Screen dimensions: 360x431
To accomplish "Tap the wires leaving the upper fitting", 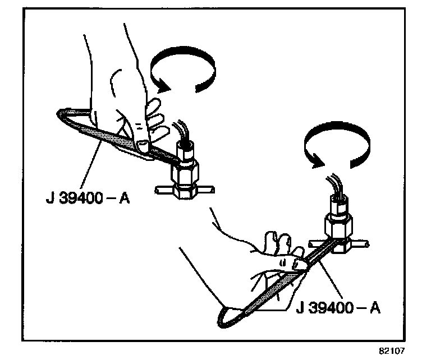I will (182, 130).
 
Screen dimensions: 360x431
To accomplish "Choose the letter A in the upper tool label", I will (124, 199).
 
